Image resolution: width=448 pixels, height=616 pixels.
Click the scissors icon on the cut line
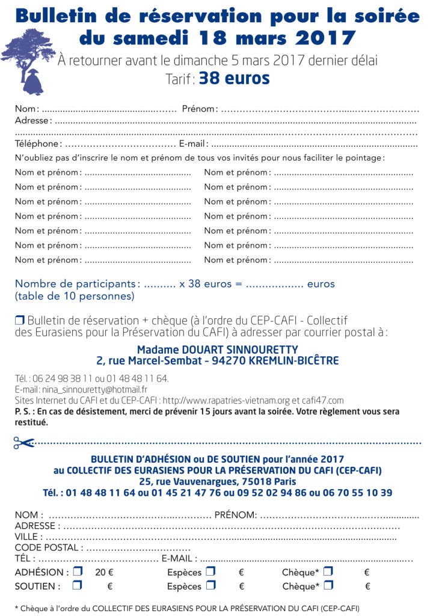tap(23, 443)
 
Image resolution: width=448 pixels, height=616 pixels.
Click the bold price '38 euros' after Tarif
tap(234, 78)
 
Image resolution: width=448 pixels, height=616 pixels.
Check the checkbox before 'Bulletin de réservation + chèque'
tap(20, 321)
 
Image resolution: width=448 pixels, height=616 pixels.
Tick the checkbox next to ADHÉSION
tap(78, 571)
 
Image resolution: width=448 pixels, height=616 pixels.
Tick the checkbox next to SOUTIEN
tap(78, 585)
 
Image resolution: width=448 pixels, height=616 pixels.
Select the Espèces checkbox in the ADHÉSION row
tap(210, 571)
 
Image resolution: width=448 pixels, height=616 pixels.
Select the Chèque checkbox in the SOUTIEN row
tap(328, 585)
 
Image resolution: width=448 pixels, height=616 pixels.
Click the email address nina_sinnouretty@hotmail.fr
tap(90, 389)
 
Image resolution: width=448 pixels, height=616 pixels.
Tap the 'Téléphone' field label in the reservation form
tap(38, 144)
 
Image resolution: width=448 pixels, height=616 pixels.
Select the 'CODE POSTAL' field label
tap(49, 547)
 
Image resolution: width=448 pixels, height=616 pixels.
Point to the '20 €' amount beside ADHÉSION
tap(104, 572)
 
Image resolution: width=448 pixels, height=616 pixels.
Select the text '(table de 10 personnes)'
tap(75, 296)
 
